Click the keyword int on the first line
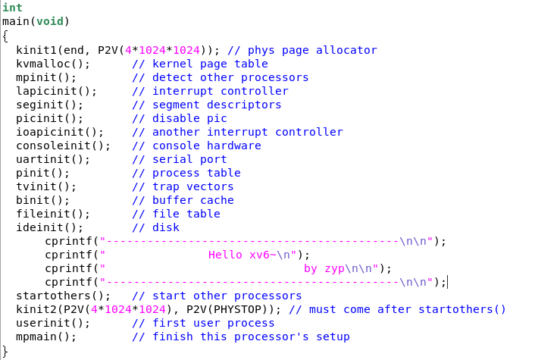point(12,8)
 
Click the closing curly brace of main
point(5,350)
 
